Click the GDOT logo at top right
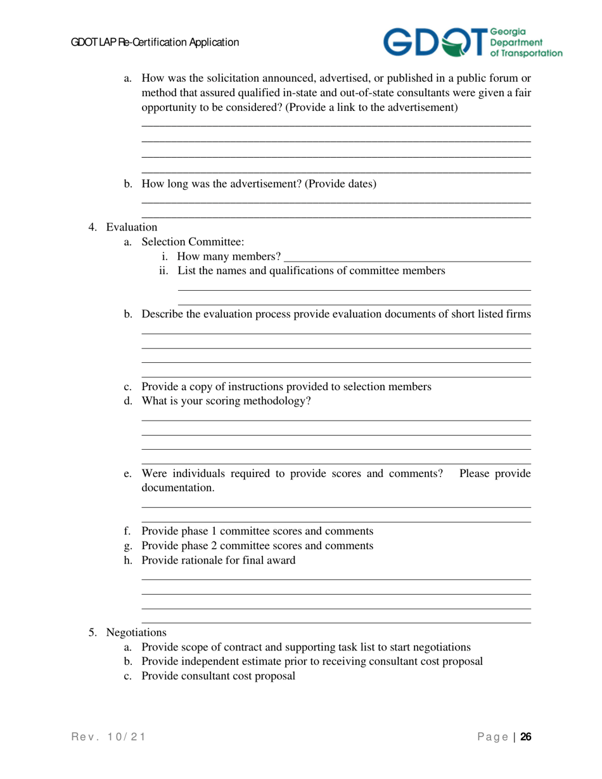point(472,42)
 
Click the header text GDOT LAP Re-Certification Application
point(155,42)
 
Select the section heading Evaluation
point(132,227)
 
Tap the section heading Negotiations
point(136,632)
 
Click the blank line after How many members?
point(407,256)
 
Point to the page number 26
point(526,737)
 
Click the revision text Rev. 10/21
point(108,737)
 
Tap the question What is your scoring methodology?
point(226,400)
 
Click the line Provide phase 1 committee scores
point(257,531)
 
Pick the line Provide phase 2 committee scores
point(257,545)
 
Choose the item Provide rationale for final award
point(219,560)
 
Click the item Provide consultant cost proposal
point(219,676)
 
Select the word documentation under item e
point(178,488)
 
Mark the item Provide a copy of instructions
point(286,386)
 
